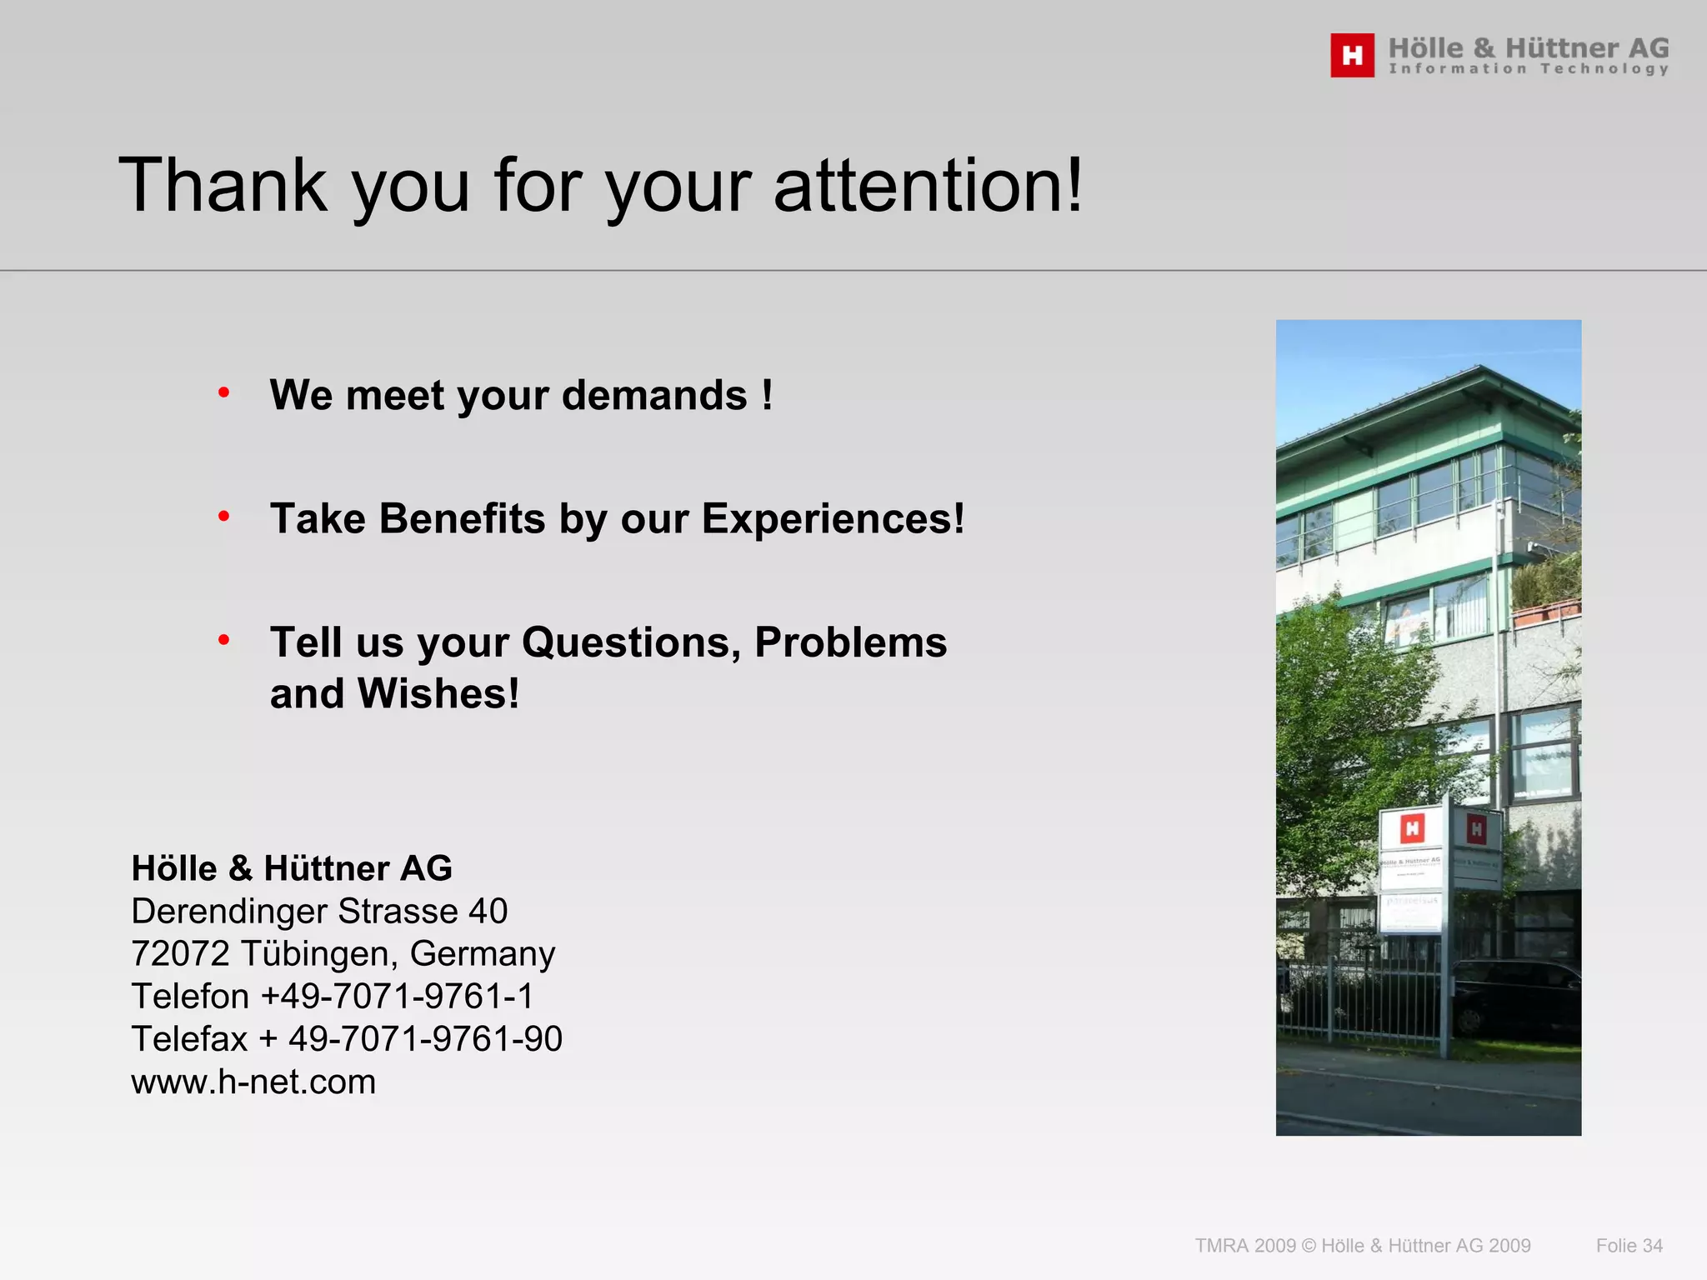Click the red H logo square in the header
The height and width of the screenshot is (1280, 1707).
click(x=1352, y=55)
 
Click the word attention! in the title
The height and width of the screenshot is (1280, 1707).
click(x=929, y=185)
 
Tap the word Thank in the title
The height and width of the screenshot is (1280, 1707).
click(x=223, y=185)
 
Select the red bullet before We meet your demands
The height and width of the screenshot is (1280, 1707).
click(x=223, y=392)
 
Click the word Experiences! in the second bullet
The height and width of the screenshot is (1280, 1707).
click(x=833, y=518)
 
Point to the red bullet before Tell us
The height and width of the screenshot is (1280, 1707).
click(x=223, y=640)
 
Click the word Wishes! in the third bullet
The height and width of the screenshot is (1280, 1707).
click(x=438, y=693)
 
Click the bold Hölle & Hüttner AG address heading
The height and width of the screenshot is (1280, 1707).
click(x=292, y=868)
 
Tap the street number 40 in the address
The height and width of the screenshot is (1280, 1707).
click(x=488, y=911)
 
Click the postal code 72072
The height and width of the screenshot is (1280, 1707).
click(x=179, y=953)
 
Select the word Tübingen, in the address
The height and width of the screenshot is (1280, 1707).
click(x=319, y=953)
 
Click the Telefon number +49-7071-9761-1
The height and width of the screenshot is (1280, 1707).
click(x=397, y=996)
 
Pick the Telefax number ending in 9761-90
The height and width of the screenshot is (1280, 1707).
click(x=425, y=1038)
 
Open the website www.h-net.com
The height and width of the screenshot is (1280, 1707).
click(x=253, y=1082)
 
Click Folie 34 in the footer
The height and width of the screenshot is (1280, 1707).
click(x=1629, y=1245)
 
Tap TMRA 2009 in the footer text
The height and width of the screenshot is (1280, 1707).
click(x=1245, y=1245)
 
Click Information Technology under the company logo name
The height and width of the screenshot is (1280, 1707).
click(x=1529, y=68)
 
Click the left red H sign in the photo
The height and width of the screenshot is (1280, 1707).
click(x=1412, y=828)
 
